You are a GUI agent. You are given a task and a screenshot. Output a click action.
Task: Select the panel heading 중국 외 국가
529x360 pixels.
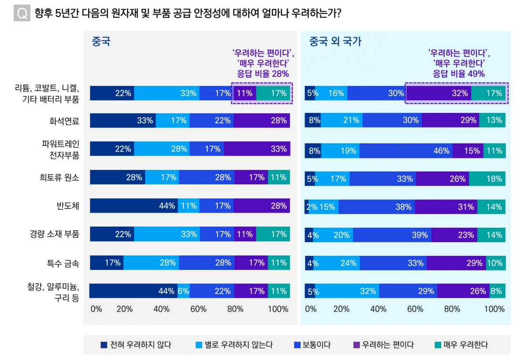[335, 42]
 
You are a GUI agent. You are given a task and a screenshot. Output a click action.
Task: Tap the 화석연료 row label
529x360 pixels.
[64, 120]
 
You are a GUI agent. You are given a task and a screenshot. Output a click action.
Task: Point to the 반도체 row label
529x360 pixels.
[68, 206]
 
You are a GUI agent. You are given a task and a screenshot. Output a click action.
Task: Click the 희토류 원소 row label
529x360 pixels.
[59, 177]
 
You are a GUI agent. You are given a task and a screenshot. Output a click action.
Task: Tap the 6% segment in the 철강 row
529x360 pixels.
[183, 291]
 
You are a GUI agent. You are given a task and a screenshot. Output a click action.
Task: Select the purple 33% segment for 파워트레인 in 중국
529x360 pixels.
[257, 149]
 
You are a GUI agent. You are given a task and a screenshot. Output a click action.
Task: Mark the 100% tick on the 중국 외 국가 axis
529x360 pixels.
[495, 309]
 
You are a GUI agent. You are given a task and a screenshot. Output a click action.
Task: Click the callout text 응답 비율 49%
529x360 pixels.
[458, 74]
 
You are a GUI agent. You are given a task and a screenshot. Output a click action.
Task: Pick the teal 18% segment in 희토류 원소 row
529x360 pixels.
[487, 179]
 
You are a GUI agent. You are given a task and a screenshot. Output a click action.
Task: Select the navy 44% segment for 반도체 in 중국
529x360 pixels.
[134, 206]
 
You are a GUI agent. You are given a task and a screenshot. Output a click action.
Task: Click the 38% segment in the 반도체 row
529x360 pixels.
[376, 207]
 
